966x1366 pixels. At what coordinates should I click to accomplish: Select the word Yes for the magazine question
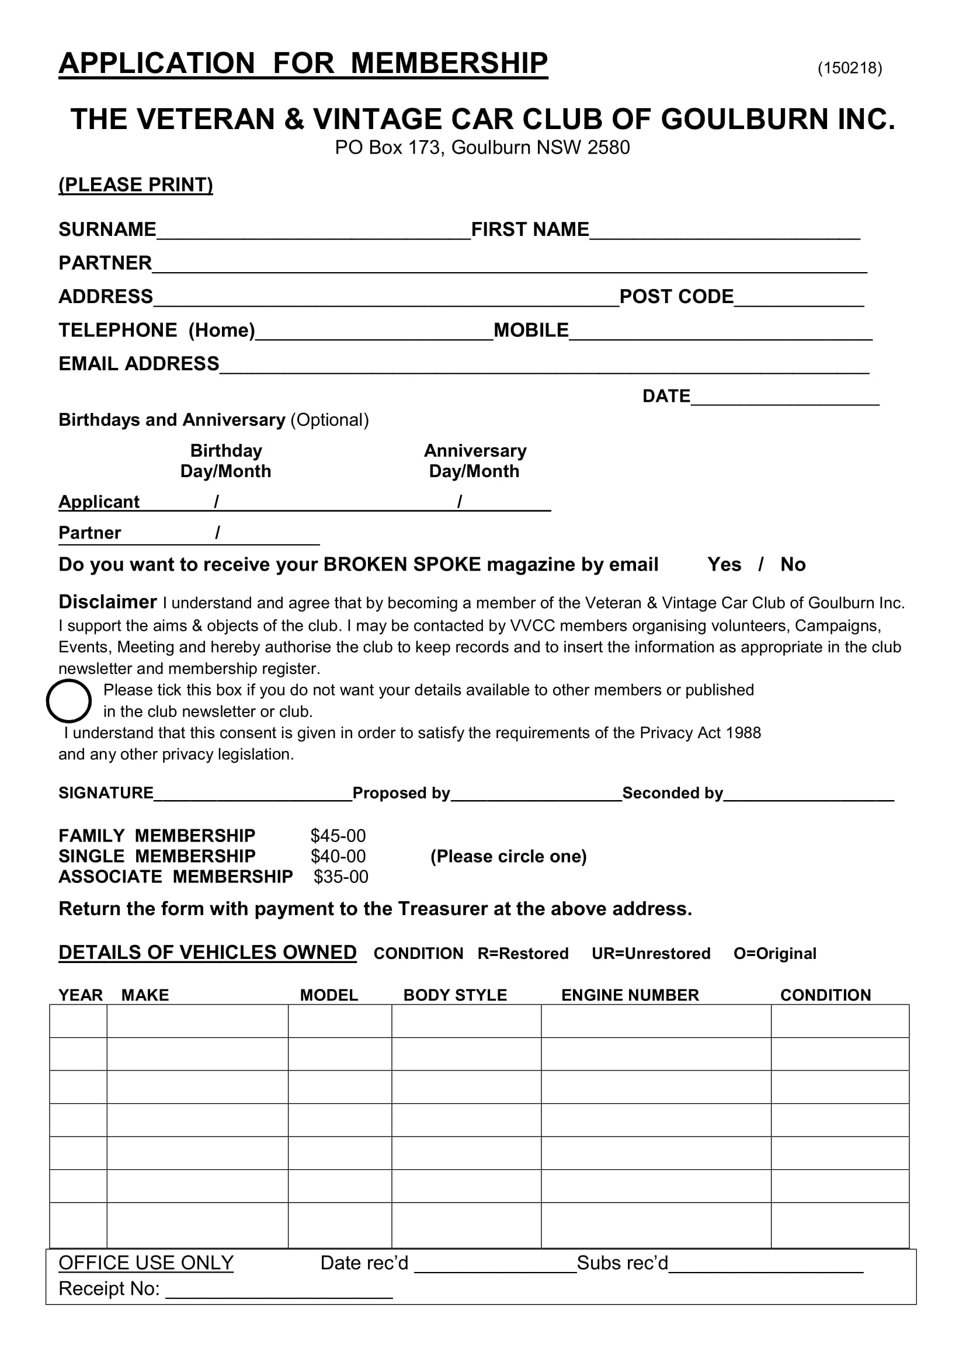(724, 564)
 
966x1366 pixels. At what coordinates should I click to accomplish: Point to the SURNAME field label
(107, 229)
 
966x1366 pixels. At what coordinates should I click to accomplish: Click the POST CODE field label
(676, 296)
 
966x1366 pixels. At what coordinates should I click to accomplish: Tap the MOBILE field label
(530, 330)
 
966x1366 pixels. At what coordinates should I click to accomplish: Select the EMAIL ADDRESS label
(138, 363)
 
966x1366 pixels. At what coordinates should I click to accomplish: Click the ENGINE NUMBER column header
(630, 995)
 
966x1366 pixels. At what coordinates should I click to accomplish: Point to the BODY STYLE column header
(455, 995)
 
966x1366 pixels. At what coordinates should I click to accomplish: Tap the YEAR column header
(80, 995)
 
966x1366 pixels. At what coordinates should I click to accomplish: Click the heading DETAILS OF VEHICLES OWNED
(207, 953)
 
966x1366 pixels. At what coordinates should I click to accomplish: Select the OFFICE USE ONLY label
(146, 1263)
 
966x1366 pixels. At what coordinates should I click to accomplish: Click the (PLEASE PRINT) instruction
(135, 185)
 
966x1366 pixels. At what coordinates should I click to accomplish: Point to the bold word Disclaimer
(107, 602)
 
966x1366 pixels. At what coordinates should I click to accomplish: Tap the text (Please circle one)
(509, 856)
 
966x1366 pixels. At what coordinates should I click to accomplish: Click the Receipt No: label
(109, 1289)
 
